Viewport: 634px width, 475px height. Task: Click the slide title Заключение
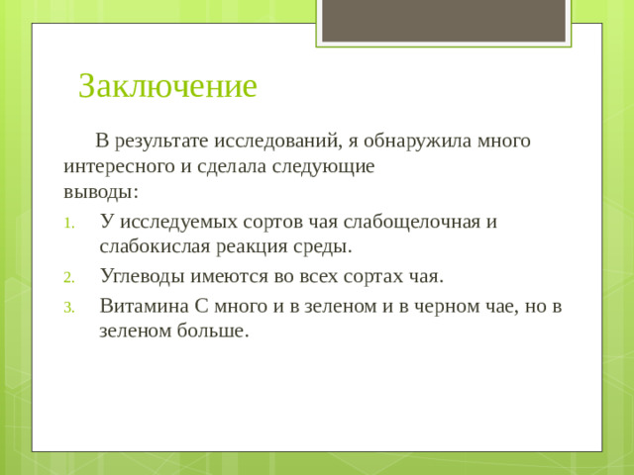point(167,86)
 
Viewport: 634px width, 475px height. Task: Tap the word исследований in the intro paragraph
point(279,141)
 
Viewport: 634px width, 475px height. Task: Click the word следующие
point(327,166)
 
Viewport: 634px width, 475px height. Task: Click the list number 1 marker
point(68,222)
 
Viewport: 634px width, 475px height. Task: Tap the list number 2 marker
point(68,276)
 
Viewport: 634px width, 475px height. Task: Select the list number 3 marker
point(68,307)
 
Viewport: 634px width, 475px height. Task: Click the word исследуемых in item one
point(176,220)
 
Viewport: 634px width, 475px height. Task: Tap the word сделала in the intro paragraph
point(234,166)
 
